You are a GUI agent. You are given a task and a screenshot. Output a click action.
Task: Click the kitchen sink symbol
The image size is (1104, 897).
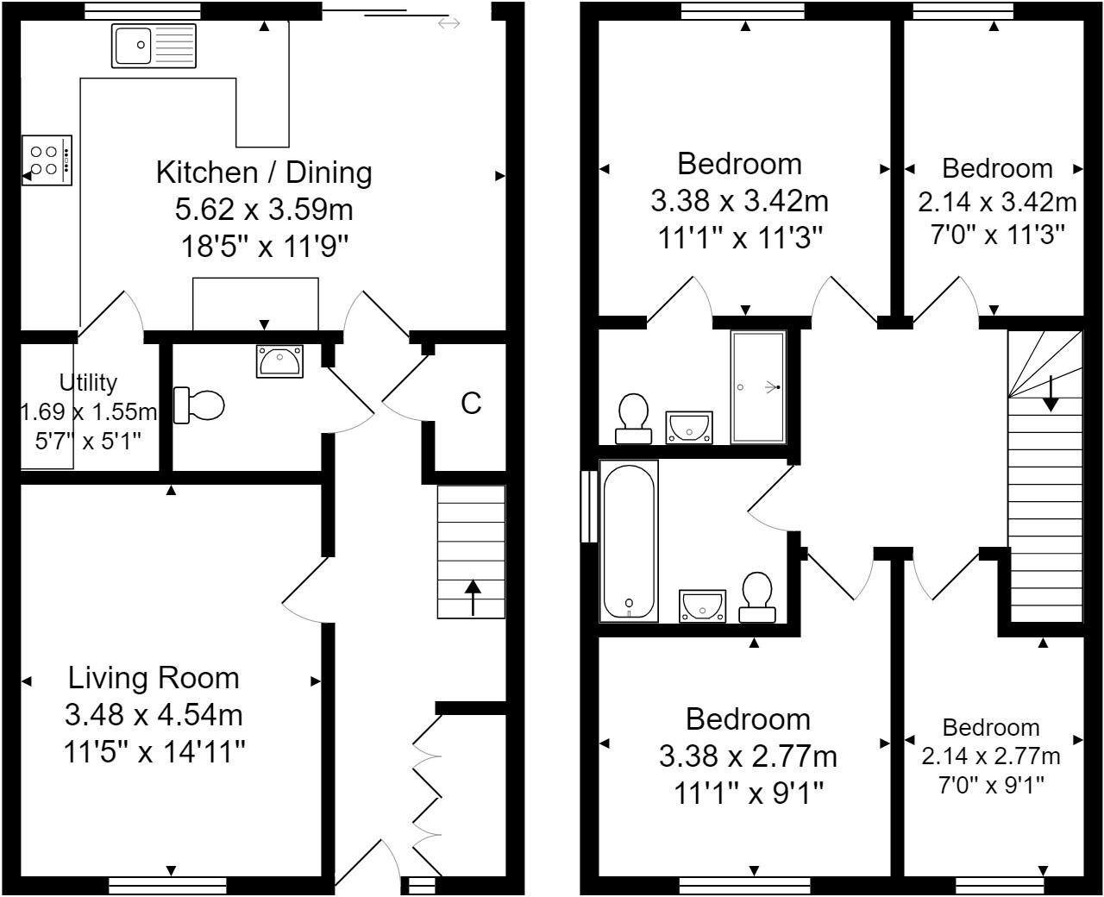(154, 46)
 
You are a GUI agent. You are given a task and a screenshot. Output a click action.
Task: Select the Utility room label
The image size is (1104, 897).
(89, 382)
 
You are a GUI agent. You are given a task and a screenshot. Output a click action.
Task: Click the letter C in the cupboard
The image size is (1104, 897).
(471, 403)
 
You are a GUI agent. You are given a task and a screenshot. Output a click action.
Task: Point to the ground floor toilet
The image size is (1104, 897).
(199, 405)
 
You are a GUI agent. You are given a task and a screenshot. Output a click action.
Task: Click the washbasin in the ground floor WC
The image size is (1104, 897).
(279, 361)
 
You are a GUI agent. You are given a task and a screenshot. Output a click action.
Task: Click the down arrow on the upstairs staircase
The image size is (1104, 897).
(1051, 394)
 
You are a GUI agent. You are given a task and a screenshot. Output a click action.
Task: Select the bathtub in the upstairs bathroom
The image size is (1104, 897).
(630, 541)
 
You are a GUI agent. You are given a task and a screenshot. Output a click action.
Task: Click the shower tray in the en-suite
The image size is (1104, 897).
(758, 387)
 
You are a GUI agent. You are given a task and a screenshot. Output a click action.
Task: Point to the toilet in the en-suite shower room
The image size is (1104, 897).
(634, 418)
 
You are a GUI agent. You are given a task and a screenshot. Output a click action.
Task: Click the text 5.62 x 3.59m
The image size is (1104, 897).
(265, 210)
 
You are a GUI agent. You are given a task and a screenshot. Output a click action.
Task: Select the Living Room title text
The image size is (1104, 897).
(154, 678)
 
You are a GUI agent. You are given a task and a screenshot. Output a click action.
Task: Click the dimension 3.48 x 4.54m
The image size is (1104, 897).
(154, 715)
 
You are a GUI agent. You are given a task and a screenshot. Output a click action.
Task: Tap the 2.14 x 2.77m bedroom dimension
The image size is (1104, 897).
(991, 757)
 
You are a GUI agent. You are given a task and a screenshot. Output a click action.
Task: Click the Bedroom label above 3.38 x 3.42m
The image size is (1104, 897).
(739, 164)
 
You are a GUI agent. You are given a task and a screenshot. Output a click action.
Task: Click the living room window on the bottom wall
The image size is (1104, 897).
(168, 885)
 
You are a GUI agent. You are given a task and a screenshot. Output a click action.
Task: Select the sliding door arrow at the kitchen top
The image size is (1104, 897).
(448, 23)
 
